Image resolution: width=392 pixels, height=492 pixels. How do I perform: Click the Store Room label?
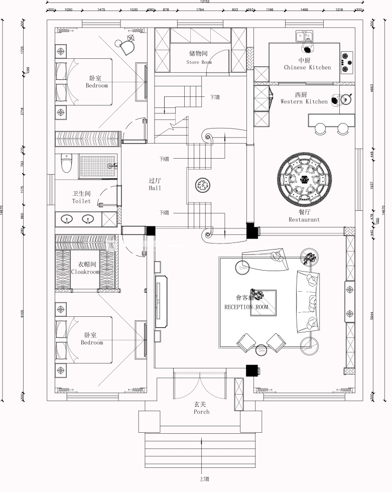pyautogui.click(x=199, y=62)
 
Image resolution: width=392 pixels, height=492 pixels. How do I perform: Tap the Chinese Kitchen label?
pyautogui.click(x=307, y=67)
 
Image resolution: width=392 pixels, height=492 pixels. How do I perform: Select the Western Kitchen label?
pyautogui.click(x=304, y=101)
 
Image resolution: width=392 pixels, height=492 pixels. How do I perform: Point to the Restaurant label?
pyautogui.click(x=304, y=219)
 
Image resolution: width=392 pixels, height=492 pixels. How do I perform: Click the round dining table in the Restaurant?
pyautogui.click(x=305, y=179)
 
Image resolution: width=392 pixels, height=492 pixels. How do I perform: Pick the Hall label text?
pyautogui.click(x=155, y=188)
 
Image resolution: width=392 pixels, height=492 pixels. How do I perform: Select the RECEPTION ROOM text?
pyautogui.click(x=246, y=307)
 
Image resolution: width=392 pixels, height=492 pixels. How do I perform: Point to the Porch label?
pyautogui.click(x=201, y=412)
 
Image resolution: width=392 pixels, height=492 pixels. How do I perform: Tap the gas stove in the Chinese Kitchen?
pyautogui.click(x=346, y=59)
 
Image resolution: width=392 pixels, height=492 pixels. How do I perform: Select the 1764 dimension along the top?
pyautogui.click(x=200, y=10)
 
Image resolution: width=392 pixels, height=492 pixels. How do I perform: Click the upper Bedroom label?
pyautogui.click(x=96, y=85)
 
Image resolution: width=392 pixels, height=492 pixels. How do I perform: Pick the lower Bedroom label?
pyautogui.click(x=91, y=342)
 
